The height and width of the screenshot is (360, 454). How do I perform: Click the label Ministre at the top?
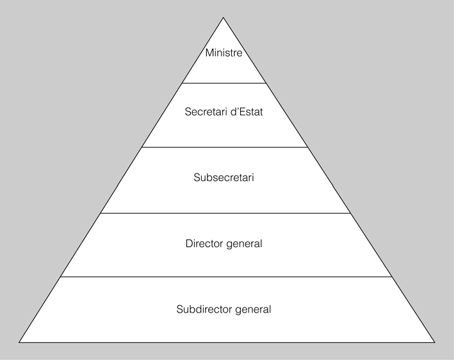pyautogui.click(x=223, y=53)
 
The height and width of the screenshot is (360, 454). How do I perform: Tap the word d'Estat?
pyautogui.click(x=247, y=111)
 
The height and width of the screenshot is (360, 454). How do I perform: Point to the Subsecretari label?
pyautogui.click(x=223, y=177)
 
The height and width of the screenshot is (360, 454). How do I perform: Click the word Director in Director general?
pyautogui.click(x=204, y=243)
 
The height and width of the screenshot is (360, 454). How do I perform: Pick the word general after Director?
pyautogui.click(x=244, y=244)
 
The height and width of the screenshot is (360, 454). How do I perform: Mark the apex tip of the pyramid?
pyautogui.click(x=223, y=17)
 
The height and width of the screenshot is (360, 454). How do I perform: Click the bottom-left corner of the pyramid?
pyautogui.click(x=19, y=343)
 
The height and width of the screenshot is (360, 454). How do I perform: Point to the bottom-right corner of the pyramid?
pyautogui.click(x=434, y=343)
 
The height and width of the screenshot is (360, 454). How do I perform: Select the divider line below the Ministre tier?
pyautogui.click(x=223, y=83)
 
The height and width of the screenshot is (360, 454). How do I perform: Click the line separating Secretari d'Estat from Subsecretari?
pyautogui.click(x=223, y=147)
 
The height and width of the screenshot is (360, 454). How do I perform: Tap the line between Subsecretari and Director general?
pyautogui.click(x=223, y=213)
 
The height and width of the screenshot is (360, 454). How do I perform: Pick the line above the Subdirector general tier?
pyautogui.click(x=223, y=277)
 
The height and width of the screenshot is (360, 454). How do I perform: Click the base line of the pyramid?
pyautogui.click(x=223, y=343)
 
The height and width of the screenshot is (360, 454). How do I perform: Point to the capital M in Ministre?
pyautogui.click(x=209, y=53)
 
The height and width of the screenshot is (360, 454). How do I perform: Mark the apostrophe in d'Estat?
pyautogui.click(x=236, y=109)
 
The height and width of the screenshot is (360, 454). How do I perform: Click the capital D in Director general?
pyautogui.click(x=188, y=243)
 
